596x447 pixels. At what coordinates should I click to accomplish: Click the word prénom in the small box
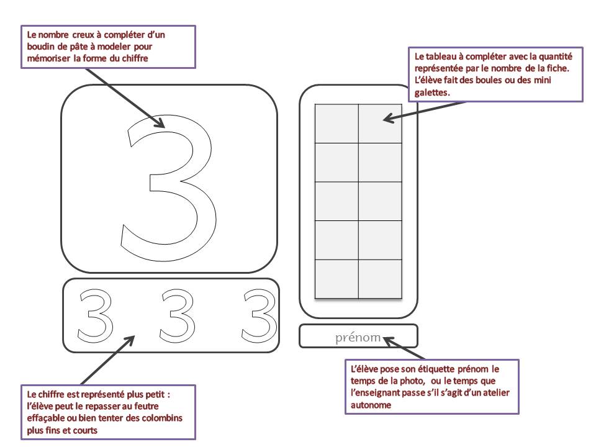tap(358, 337)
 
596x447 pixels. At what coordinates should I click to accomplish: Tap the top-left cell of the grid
tap(336, 124)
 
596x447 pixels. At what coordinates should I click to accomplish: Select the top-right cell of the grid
tap(380, 124)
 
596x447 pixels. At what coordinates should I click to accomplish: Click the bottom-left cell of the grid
tap(336, 279)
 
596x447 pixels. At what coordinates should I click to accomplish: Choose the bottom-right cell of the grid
tap(380, 279)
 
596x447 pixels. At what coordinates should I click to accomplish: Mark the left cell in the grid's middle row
tap(336, 201)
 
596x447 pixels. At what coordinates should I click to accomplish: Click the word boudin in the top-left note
tap(42, 47)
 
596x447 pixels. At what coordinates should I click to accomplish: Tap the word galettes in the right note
tap(428, 91)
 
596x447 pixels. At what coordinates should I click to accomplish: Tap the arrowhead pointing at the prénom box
tap(387, 338)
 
